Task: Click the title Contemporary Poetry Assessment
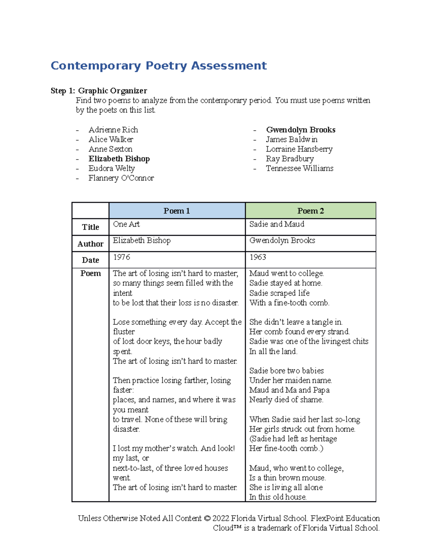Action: coord(158,66)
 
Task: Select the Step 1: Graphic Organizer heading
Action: coord(99,91)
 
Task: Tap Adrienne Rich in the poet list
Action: coord(113,130)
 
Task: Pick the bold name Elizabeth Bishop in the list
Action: coord(119,159)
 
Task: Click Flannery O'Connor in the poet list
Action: coord(121,178)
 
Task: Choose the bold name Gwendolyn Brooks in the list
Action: coord(301,130)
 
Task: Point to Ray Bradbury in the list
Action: coord(289,159)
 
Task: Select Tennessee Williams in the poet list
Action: coord(300,169)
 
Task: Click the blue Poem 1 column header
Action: coord(177,211)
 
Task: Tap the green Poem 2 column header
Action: coord(310,211)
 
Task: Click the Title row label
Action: coord(91,227)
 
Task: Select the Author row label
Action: coord(91,244)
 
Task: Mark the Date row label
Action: coord(91,260)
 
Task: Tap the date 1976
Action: coord(121,257)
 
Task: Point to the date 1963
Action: coord(258,257)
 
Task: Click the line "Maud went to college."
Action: coord(287,273)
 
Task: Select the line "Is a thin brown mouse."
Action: coord(287,478)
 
